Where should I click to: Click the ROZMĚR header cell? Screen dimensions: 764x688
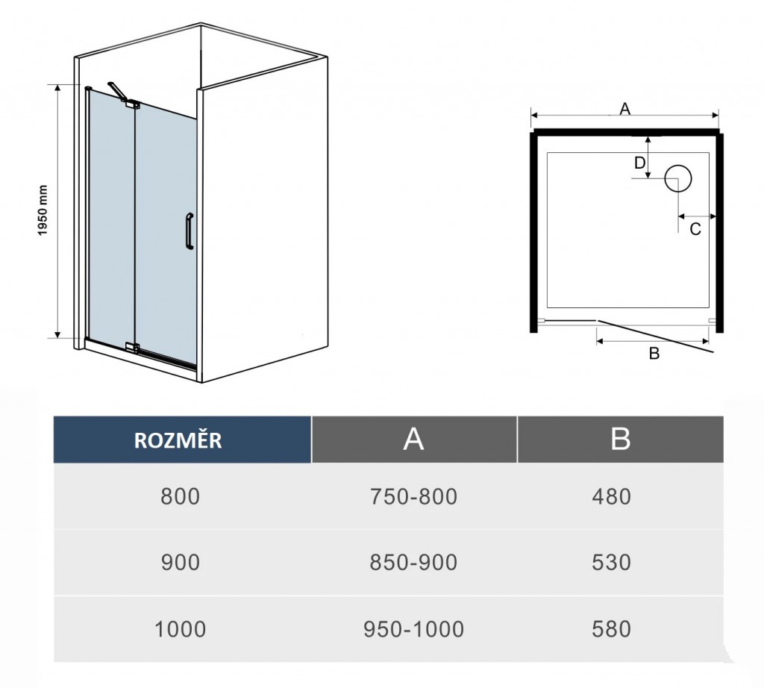[182, 440]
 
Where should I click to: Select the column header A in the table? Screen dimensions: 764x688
[414, 440]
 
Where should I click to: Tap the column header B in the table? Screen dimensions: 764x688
[620, 440]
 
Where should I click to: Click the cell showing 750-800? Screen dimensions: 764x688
[413, 496]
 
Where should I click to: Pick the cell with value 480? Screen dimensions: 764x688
[612, 496]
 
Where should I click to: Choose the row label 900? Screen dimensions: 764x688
[181, 563]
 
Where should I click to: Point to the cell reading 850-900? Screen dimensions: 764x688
[413, 563]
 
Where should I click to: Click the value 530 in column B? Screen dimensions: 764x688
[612, 563]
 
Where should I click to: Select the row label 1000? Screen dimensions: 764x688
[181, 629]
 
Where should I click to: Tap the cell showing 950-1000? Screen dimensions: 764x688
[413, 629]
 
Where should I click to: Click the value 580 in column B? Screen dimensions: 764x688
[612, 629]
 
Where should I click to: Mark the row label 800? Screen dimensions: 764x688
[181, 496]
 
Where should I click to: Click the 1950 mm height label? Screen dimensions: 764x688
[43, 210]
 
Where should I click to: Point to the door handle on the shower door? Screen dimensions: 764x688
[190, 231]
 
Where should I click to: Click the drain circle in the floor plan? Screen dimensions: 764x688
[677, 178]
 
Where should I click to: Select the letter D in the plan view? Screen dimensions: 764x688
[639, 163]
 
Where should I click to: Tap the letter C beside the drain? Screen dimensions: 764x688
[695, 228]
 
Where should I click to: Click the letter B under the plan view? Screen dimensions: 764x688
[654, 353]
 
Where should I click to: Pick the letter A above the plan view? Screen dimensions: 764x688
[624, 109]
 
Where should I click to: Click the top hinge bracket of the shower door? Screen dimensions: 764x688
[132, 104]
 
